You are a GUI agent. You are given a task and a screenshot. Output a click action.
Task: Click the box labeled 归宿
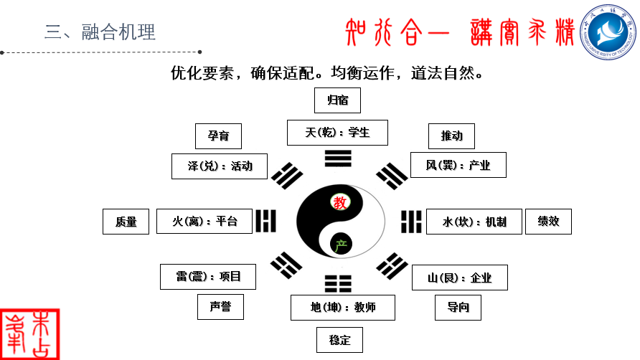[x=337, y=100]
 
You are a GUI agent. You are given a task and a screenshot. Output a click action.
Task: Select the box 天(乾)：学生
[x=337, y=133]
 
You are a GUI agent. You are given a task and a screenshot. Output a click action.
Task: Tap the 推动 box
[x=451, y=136]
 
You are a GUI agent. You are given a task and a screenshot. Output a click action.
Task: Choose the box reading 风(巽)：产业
[x=458, y=165]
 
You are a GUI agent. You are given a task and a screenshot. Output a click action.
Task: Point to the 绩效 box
[x=548, y=222]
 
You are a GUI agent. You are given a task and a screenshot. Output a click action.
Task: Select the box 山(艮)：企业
[x=460, y=278]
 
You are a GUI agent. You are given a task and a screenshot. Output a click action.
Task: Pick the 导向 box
[x=458, y=308]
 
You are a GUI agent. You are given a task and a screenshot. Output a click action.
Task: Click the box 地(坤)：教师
[x=343, y=308]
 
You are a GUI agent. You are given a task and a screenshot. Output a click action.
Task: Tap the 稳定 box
[x=339, y=340]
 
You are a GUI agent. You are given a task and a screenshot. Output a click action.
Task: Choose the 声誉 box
[x=220, y=306]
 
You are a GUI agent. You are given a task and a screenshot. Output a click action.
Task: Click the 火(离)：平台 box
[x=204, y=222]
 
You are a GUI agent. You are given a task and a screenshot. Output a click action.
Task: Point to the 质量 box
[x=126, y=222]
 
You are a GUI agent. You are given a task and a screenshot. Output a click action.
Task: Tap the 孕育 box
[x=218, y=136]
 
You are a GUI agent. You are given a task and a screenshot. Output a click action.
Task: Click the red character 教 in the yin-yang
[x=340, y=202]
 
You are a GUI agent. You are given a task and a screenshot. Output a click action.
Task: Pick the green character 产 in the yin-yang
[x=341, y=245]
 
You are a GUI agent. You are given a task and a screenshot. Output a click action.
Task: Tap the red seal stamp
[x=30, y=335]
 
